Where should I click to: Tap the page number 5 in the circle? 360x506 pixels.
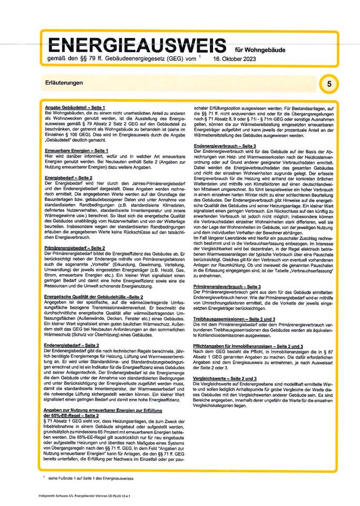pos(328,84)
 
